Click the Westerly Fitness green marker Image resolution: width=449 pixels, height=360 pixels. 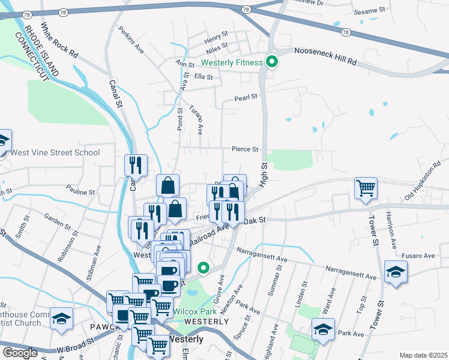[271, 62]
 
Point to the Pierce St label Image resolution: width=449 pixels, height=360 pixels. [246, 149]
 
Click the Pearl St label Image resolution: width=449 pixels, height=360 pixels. [246, 97]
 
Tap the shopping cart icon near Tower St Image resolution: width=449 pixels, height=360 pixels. [366, 188]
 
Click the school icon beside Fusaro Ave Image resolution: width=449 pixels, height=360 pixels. [396, 274]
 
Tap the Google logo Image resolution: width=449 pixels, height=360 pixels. [20, 352]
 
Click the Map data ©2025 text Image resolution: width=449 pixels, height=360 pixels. [424, 355]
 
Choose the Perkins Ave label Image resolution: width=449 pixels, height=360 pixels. [131, 39]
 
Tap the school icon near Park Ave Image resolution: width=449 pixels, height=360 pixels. [322, 329]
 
